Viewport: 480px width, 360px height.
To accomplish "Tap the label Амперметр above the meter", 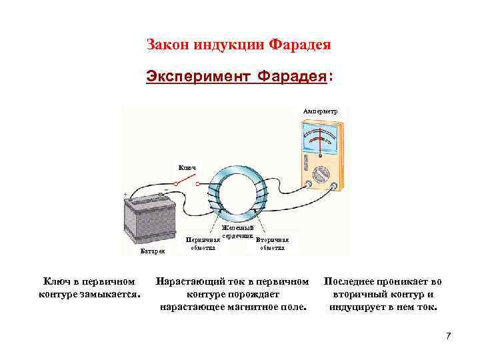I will (320, 110).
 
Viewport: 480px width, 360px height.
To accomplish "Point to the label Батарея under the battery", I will (152, 251).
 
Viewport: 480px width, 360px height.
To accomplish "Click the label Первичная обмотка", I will (202, 243).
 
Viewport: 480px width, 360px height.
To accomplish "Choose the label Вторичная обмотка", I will (272, 243).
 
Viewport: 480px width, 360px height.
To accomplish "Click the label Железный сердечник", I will (237, 233).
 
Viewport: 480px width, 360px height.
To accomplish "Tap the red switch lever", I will (187, 179).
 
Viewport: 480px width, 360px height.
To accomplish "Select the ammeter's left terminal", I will (308, 183).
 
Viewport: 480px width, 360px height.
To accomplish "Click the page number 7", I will (448, 335).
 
